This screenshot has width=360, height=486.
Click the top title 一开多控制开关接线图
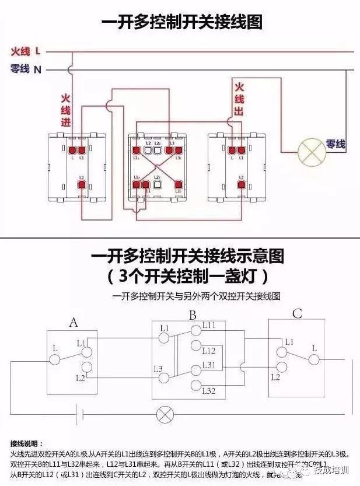coord(182,23)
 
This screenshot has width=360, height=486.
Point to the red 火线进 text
coord(66,110)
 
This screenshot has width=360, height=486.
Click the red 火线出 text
coord(239,99)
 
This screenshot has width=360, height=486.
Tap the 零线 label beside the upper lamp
coord(335,144)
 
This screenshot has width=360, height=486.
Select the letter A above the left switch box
coord(73,323)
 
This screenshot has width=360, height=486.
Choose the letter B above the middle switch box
coord(192,316)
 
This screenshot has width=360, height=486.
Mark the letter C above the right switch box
coord(297,314)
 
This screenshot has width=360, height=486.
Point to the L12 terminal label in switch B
coord(209,351)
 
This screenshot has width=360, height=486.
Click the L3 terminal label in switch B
coord(158,368)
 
